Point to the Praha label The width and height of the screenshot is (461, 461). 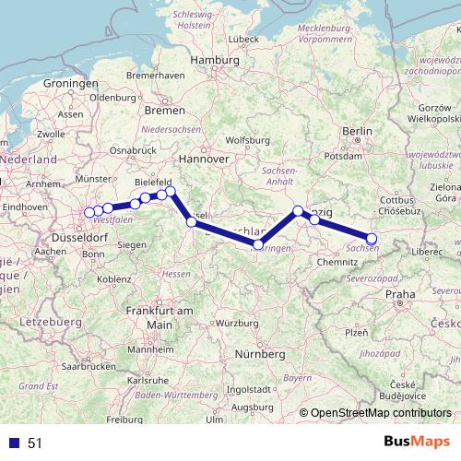click(x=401, y=294)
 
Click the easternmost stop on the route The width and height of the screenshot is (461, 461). click(x=372, y=239)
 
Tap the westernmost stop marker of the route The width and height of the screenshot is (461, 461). click(x=89, y=213)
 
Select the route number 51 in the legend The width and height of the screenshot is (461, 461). click(x=35, y=443)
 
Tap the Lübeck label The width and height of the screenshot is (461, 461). click(x=244, y=39)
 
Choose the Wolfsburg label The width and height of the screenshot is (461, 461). click(x=245, y=140)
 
